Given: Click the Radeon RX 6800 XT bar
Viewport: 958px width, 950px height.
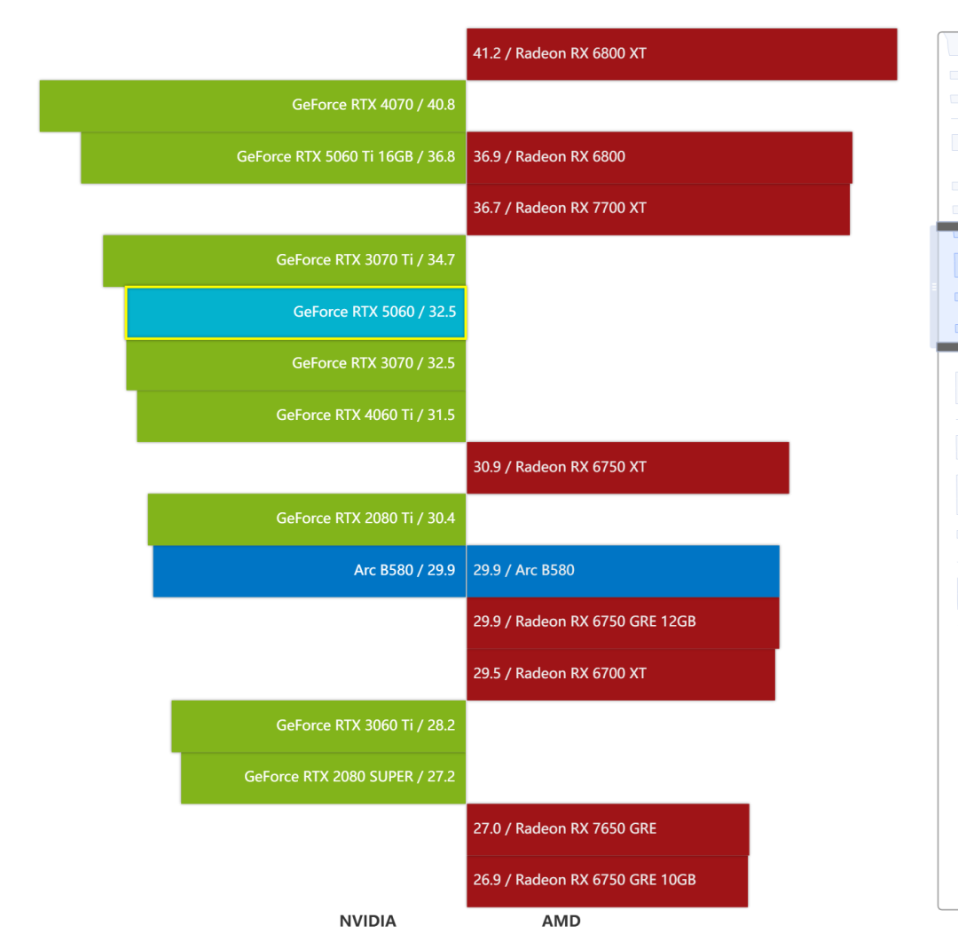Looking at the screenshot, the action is click(682, 54).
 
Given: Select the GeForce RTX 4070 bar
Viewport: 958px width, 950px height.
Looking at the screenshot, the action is click(253, 106).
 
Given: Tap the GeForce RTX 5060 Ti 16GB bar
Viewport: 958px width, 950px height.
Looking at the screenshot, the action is click(273, 157).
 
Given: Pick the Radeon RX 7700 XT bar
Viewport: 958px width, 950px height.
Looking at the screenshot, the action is click(658, 210).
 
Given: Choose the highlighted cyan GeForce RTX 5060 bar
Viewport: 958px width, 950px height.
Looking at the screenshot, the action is click(295, 313).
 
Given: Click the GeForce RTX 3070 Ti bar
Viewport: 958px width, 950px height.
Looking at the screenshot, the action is click(284, 261).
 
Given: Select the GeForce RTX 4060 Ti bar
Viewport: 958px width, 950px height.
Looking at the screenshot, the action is click(302, 416).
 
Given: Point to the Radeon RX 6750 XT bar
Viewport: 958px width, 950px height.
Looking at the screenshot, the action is click(628, 468).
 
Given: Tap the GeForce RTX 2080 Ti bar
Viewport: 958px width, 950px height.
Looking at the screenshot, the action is click(307, 519).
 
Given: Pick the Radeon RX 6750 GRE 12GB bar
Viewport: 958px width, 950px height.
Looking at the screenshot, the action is click(624, 622).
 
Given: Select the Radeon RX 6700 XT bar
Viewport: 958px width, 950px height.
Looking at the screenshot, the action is click(621, 675).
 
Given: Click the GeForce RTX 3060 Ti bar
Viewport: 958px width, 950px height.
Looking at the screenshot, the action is click(318, 726).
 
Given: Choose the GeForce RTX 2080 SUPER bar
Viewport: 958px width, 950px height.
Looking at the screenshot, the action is click(323, 778).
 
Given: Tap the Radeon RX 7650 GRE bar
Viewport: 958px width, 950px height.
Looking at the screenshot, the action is click(608, 829).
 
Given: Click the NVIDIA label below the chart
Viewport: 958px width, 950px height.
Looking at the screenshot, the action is click(368, 922).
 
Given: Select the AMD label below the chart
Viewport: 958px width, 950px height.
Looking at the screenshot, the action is click(561, 922).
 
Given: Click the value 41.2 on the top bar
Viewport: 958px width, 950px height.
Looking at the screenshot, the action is click(487, 54).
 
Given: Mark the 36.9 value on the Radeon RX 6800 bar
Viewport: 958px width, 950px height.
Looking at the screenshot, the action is click(487, 157).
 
